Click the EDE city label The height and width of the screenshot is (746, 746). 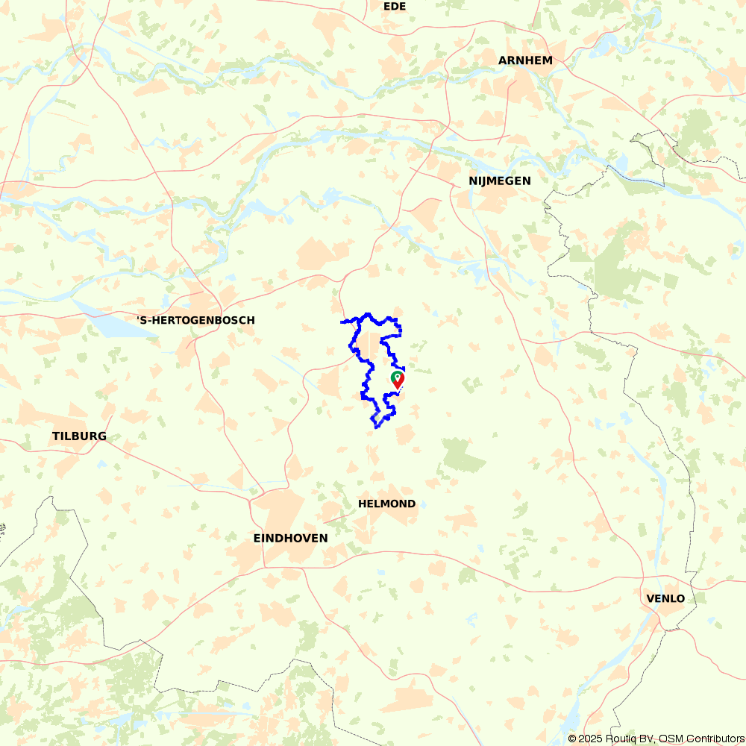tap(394, 6)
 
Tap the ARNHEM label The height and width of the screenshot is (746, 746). tap(526, 60)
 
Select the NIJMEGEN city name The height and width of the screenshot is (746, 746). tap(500, 181)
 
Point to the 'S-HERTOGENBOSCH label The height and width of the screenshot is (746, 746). tap(195, 320)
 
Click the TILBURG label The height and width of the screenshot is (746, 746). tap(79, 436)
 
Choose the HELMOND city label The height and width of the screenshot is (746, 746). tap(386, 504)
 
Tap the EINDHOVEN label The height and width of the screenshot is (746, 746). tap(290, 538)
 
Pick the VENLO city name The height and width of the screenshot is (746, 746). tap(665, 599)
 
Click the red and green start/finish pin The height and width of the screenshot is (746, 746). tap(398, 380)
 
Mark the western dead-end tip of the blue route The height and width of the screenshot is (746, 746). tap(342, 322)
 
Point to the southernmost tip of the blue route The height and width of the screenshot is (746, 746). tap(376, 427)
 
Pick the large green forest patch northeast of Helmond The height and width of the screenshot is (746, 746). tap(463, 455)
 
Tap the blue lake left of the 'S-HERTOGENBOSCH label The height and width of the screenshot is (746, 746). tap(112, 325)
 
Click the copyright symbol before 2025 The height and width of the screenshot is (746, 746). tap(572, 739)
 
